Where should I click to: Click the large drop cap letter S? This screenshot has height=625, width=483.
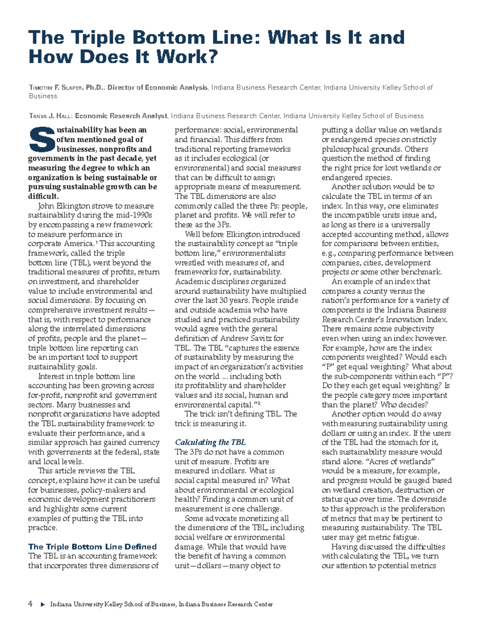[41, 139]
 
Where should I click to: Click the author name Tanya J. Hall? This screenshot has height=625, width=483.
[51, 116]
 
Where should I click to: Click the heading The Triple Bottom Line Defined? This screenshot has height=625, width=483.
[92, 547]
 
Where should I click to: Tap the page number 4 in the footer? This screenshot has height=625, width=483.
[30, 604]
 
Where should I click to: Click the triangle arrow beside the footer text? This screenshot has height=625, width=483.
[43, 604]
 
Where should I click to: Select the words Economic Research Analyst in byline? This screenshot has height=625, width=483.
[121, 116]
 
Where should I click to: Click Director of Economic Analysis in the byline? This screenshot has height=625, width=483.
[157, 87]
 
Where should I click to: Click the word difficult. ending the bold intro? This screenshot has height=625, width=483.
[43, 196]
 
